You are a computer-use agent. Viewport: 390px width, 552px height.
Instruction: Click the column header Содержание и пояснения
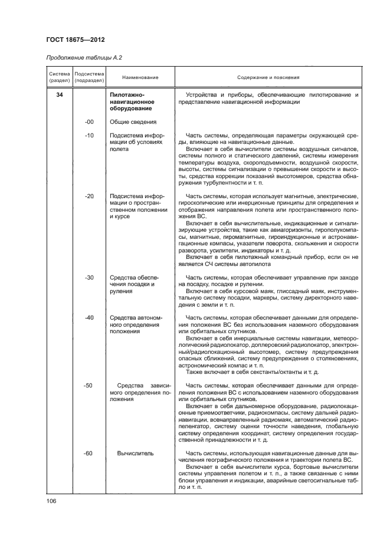(268, 77)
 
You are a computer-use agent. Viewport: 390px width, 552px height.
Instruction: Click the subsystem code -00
(90, 122)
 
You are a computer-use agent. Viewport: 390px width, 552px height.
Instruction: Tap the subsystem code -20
(90, 196)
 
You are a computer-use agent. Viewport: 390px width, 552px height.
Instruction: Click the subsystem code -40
(90, 318)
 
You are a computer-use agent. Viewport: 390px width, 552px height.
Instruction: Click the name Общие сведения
(132, 122)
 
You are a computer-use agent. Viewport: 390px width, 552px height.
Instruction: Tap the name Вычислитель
(136, 453)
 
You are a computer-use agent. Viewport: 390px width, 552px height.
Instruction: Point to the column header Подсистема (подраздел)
(90, 77)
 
